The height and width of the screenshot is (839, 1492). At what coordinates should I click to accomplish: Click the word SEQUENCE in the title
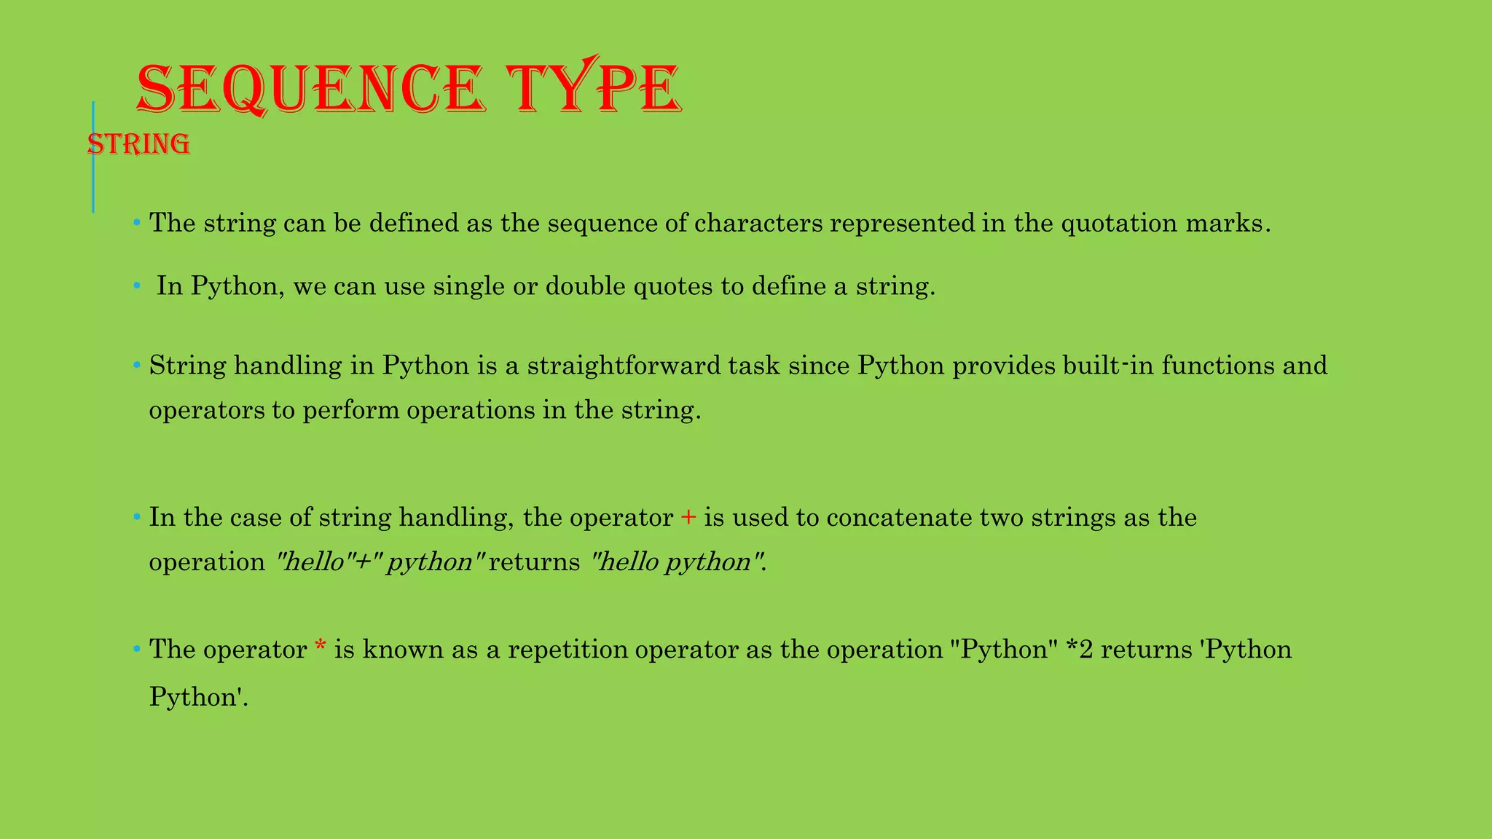tap(310, 90)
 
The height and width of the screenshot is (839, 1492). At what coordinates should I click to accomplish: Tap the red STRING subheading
tap(139, 144)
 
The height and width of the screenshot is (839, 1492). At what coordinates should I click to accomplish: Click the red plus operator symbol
tap(688, 518)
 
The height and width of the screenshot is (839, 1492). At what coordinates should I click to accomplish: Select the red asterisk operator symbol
tap(320, 647)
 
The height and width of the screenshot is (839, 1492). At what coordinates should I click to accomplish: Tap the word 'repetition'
tap(568, 649)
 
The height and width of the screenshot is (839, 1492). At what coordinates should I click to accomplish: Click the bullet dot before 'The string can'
tap(136, 222)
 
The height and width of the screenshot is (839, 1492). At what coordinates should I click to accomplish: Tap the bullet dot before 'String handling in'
tap(136, 365)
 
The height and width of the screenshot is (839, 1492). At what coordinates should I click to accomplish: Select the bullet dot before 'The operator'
tap(136, 649)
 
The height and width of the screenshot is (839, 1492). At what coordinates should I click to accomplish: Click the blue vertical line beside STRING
tap(93, 157)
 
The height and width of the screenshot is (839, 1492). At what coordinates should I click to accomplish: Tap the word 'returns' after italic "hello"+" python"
tap(534, 562)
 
